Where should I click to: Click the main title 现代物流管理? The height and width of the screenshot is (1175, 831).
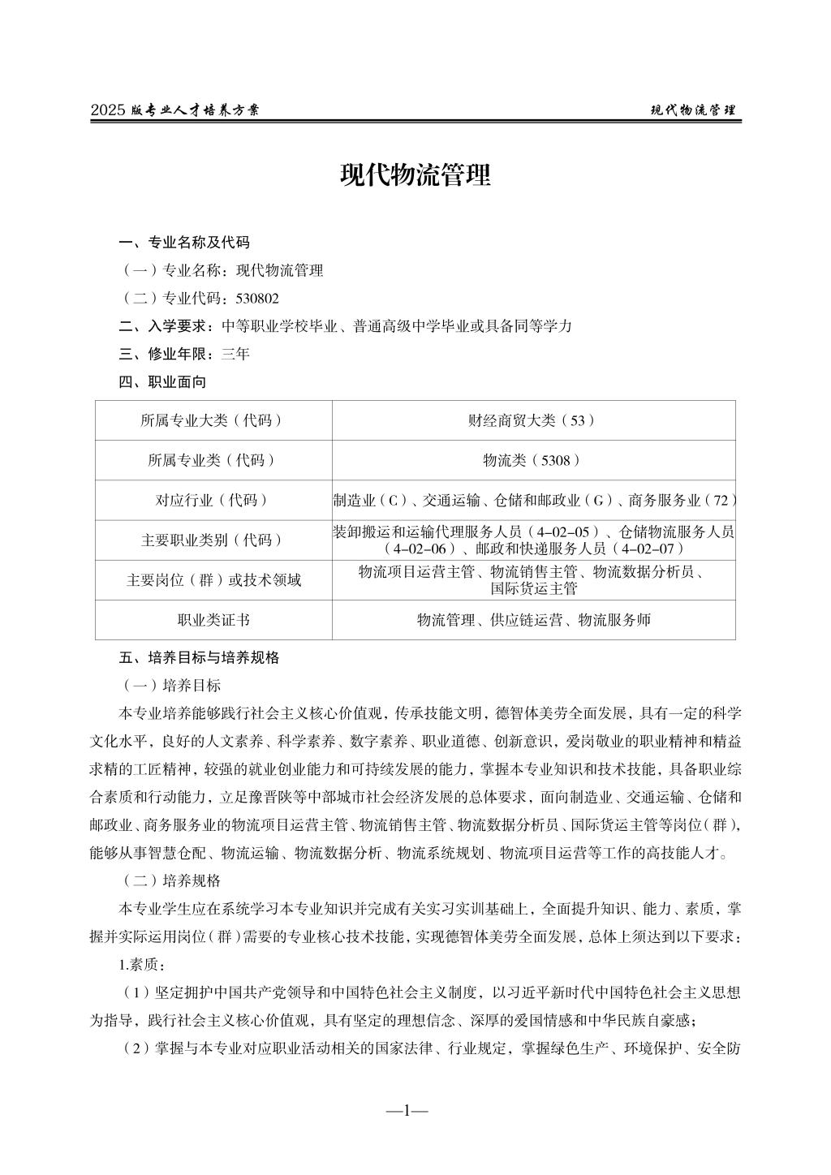[x=415, y=175]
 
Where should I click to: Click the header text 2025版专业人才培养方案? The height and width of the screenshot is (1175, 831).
[x=174, y=110]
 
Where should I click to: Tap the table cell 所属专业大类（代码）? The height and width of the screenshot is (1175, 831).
[x=213, y=420]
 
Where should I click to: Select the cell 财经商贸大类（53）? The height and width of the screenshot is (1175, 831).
[x=532, y=420]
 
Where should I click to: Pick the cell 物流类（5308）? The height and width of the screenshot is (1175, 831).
[x=532, y=460]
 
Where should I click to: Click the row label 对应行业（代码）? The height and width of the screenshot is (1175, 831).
[x=213, y=500]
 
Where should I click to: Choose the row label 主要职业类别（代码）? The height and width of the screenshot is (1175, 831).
[x=213, y=540]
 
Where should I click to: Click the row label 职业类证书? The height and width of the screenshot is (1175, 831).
[x=213, y=620]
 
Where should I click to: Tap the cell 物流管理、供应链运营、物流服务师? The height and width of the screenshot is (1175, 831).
[x=532, y=620]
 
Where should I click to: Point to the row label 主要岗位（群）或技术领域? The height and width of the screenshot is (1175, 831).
[x=213, y=580]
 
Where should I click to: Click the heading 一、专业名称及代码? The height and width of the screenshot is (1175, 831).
[x=184, y=242]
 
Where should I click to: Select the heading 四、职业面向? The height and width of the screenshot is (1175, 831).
[x=162, y=381]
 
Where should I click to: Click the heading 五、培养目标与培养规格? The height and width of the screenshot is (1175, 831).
[x=199, y=657]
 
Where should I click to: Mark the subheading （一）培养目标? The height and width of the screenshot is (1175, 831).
[x=170, y=686]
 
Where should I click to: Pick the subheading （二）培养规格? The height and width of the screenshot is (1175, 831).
[x=170, y=880]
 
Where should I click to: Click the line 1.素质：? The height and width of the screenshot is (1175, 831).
[x=143, y=965]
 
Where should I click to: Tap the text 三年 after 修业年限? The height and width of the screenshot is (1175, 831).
[x=235, y=354]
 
